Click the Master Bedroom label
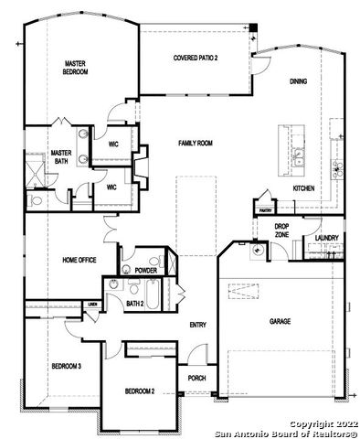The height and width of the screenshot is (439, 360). (x=75, y=68)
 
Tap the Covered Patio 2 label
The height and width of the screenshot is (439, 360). (x=196, y=58)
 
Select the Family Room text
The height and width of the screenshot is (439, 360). (x=196, y=143)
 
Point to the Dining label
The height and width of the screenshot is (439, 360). (x=298, y=81)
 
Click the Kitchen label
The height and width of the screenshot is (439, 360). (x=303, y=188)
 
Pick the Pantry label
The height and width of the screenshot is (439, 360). (x=265, y=210)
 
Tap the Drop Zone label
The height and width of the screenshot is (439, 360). (x=281, y=230)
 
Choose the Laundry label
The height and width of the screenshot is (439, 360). (x=327, y=238)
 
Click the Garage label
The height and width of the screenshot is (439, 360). (x=280, y=321)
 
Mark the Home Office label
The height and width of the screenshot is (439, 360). (x=79, y=260)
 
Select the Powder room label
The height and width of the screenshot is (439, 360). (x=146, y=270)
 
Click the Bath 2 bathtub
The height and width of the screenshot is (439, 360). (x=152, y=294)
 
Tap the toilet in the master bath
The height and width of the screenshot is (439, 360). (x=36, y=201)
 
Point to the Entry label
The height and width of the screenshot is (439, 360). (x=198, y=325)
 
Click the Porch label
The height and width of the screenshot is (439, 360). (x=196, y=378)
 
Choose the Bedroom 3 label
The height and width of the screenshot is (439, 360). (x=66, y=366)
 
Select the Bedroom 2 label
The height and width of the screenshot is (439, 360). (x=140, y=391)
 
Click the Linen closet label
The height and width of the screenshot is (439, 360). (x=91, y=305)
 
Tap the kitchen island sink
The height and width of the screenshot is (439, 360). (x=299, y=156)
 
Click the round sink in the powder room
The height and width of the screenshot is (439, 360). (x=125, y=270)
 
